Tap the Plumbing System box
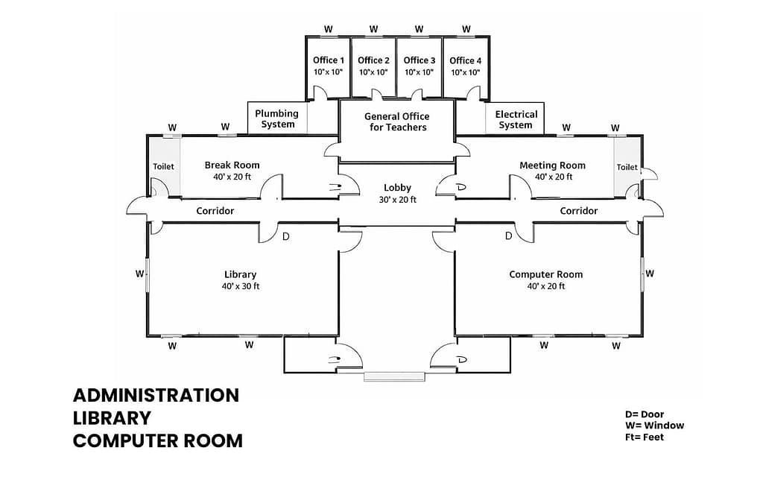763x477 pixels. tap(277, 119)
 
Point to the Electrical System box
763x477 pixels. tap(516, 119)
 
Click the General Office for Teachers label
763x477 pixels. tap(396, 121)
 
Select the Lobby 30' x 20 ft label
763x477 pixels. tap(397, 194)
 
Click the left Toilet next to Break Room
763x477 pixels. tap(163, 166)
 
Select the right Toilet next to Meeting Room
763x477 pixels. tap(627, 167)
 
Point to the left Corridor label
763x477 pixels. tap(215, 211)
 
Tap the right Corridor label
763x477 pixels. tap(578, 211)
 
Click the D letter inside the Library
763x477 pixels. tap(286, 236)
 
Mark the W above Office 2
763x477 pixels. tap(373, 29)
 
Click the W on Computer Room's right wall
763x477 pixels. tap(650, 274)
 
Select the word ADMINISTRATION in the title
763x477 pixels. tap(156, 395)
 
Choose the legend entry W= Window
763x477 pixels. tap(654, 426)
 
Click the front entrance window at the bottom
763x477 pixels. tap(396, 376)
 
